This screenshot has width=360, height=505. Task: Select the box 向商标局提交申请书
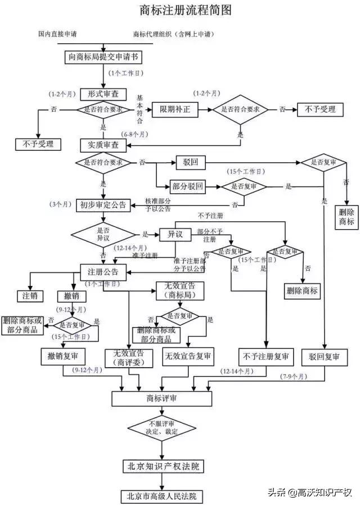(x=103, y=56)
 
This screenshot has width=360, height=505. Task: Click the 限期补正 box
(x=175, y=109)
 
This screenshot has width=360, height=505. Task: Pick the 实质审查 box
(x=103, y=145)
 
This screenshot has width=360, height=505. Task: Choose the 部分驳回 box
(x=189, y=186)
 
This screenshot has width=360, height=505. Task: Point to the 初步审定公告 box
(x=103, y=205)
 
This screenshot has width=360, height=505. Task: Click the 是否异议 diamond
(x=103, y=234)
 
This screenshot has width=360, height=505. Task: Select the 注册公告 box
(x=103, y=272)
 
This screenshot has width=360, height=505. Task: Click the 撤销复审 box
(x=63, y=356)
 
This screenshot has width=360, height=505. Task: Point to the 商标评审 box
(x=161, y=398)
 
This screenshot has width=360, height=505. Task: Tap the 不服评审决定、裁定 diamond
(x=163, y=427)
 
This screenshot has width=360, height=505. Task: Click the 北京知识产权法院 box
(x=162, y=467)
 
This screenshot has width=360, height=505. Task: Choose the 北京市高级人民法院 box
(x=162, y=496)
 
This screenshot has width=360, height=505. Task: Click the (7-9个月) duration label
(x=294, y=376)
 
